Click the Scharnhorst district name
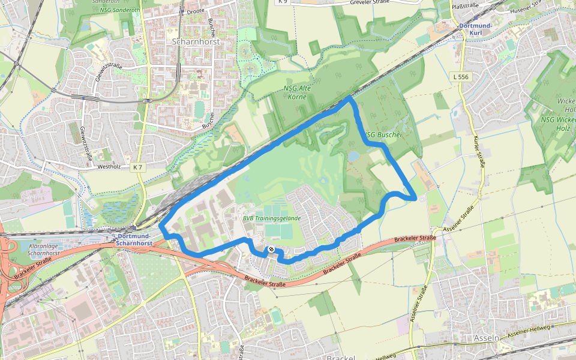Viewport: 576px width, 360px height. [196, 42]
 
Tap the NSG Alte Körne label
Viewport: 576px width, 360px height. [297, 92]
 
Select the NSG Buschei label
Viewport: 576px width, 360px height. [383, 135]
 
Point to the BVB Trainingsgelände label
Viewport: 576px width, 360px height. [271, 218]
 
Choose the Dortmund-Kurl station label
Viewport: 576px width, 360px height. [475, 29]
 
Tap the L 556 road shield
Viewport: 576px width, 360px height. [461, 77]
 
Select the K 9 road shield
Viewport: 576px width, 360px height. [283, 2]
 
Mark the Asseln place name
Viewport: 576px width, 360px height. [485, 338]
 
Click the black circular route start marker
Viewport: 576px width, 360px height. [271, 249]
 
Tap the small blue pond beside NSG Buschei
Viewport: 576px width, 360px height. [353, 156]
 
